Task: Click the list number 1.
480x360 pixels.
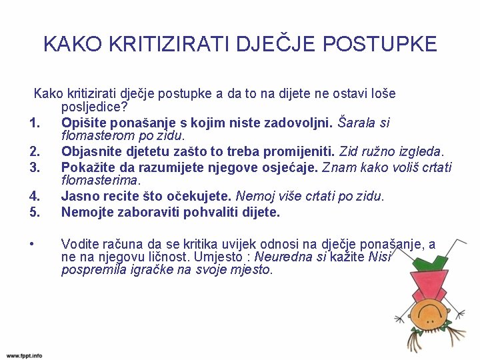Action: click(x=36, y=123)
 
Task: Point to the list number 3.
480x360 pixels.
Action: click(x=36, y=167)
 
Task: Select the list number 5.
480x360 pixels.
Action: click(x=36, y=212)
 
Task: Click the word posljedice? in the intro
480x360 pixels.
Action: click(x=95, y=107)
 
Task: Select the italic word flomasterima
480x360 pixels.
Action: click(x=101, y=180)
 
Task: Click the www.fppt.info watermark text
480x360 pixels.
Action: click(x=25, y=355)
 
